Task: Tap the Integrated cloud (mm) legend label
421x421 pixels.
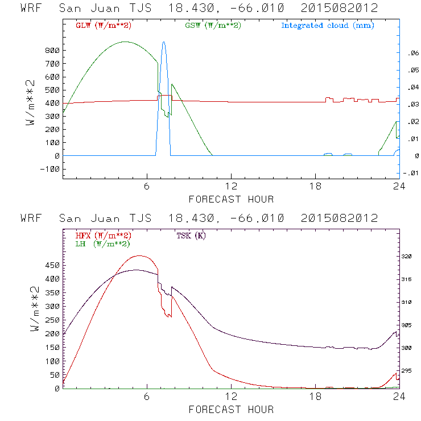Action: pos(327,26)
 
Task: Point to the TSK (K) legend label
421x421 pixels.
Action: pos(191,236)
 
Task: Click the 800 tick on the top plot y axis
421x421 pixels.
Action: pos(52,51)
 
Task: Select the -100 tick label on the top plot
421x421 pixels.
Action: pos(50,169)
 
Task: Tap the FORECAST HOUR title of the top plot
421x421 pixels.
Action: pos(231,199)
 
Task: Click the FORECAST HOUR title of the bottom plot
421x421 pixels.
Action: pos(231,410)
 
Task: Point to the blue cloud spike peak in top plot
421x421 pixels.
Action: pos(164,42)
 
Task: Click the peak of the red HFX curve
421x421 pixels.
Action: pos(139,256)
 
